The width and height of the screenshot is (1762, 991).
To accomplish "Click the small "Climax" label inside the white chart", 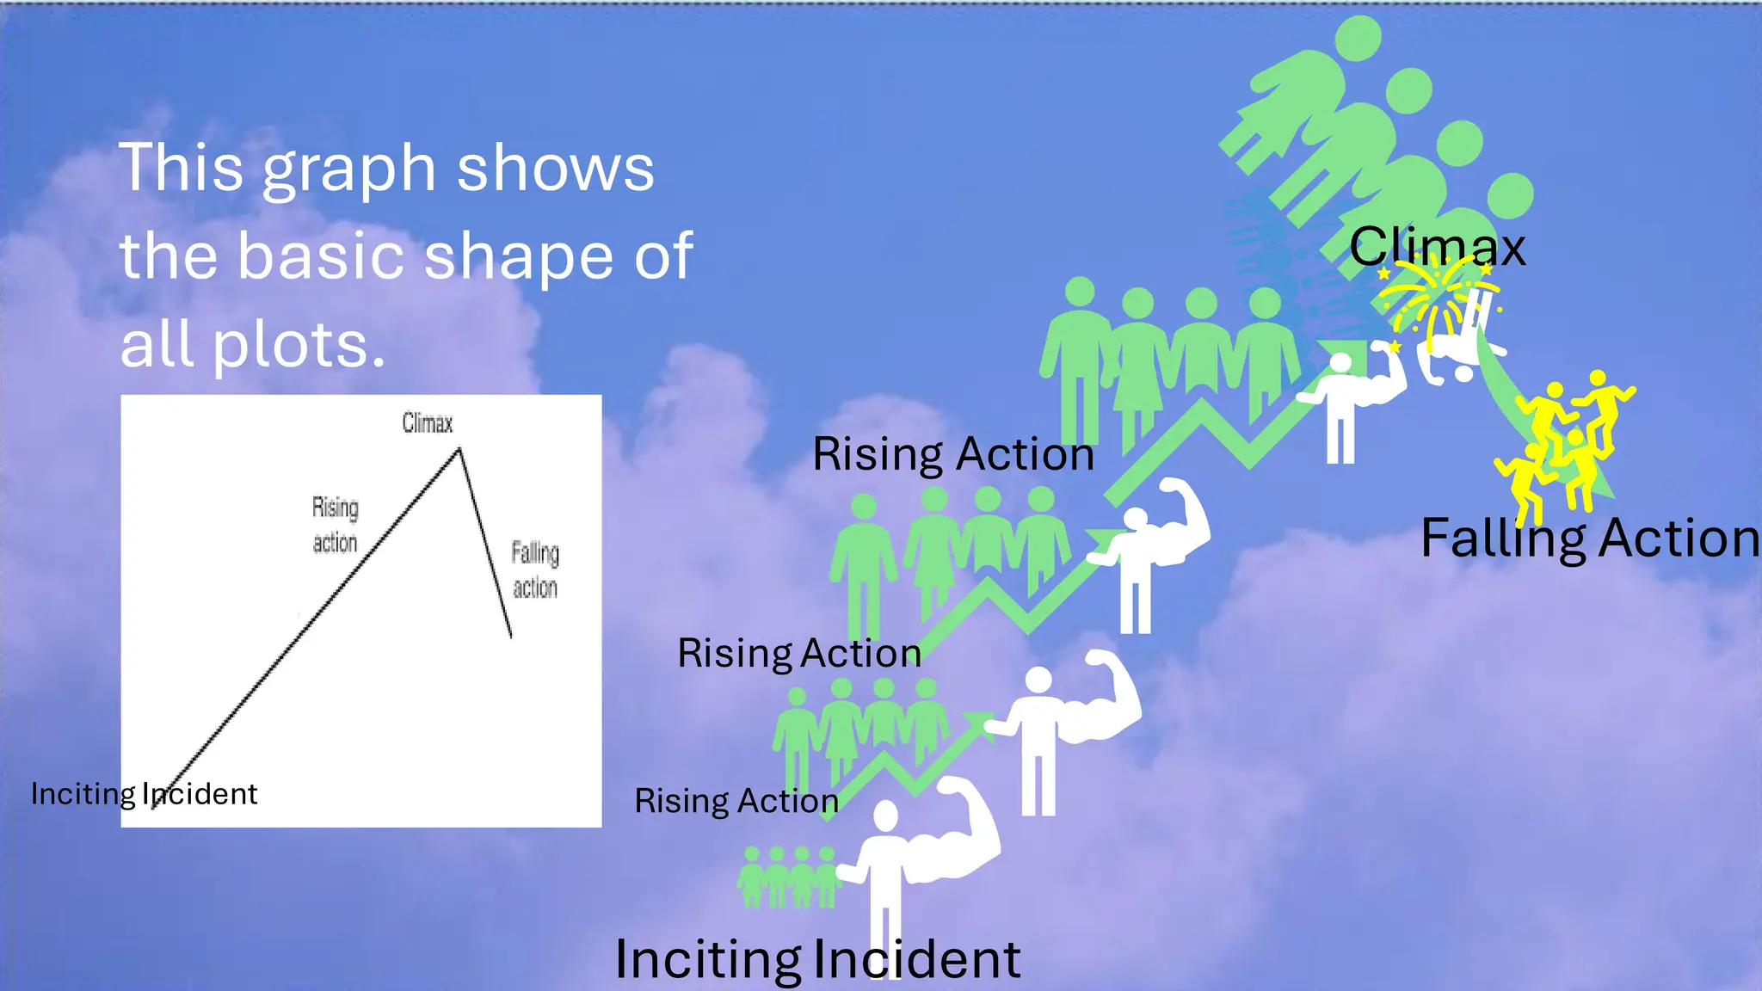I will (428, 423).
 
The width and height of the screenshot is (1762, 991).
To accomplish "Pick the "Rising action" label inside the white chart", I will (336, 525).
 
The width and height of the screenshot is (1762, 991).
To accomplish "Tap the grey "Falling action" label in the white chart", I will (535, 569).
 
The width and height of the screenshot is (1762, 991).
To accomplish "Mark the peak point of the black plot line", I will (459, 448).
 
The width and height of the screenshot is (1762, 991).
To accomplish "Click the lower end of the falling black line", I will (511, 637).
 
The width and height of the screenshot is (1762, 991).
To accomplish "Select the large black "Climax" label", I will (1437, 248).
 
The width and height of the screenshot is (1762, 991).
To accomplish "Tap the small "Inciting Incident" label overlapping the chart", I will (144, 793).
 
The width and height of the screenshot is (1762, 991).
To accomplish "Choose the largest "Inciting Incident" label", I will (817, 958).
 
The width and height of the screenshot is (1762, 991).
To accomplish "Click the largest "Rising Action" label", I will (953, 453).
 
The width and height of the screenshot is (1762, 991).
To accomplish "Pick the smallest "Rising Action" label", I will (736, 801).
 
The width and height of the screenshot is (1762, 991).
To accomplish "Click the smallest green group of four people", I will (788, 877).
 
